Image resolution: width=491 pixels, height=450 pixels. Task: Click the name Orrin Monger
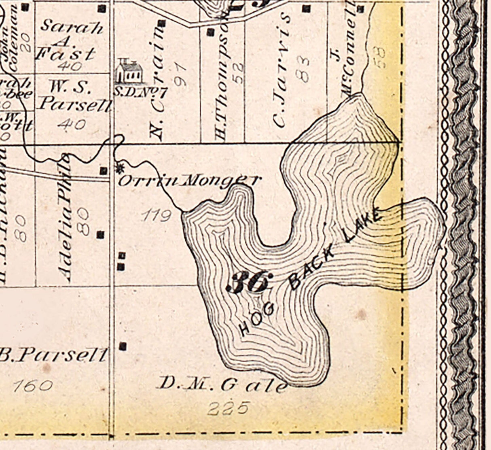(x=188, y=180)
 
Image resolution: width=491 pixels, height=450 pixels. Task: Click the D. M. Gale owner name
(x=222, y=384)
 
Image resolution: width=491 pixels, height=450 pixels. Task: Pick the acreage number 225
(x=227, y=408)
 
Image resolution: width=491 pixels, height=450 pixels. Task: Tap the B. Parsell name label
(x=53, y=355)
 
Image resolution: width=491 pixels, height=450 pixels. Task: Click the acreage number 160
(x=32, y=386)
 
